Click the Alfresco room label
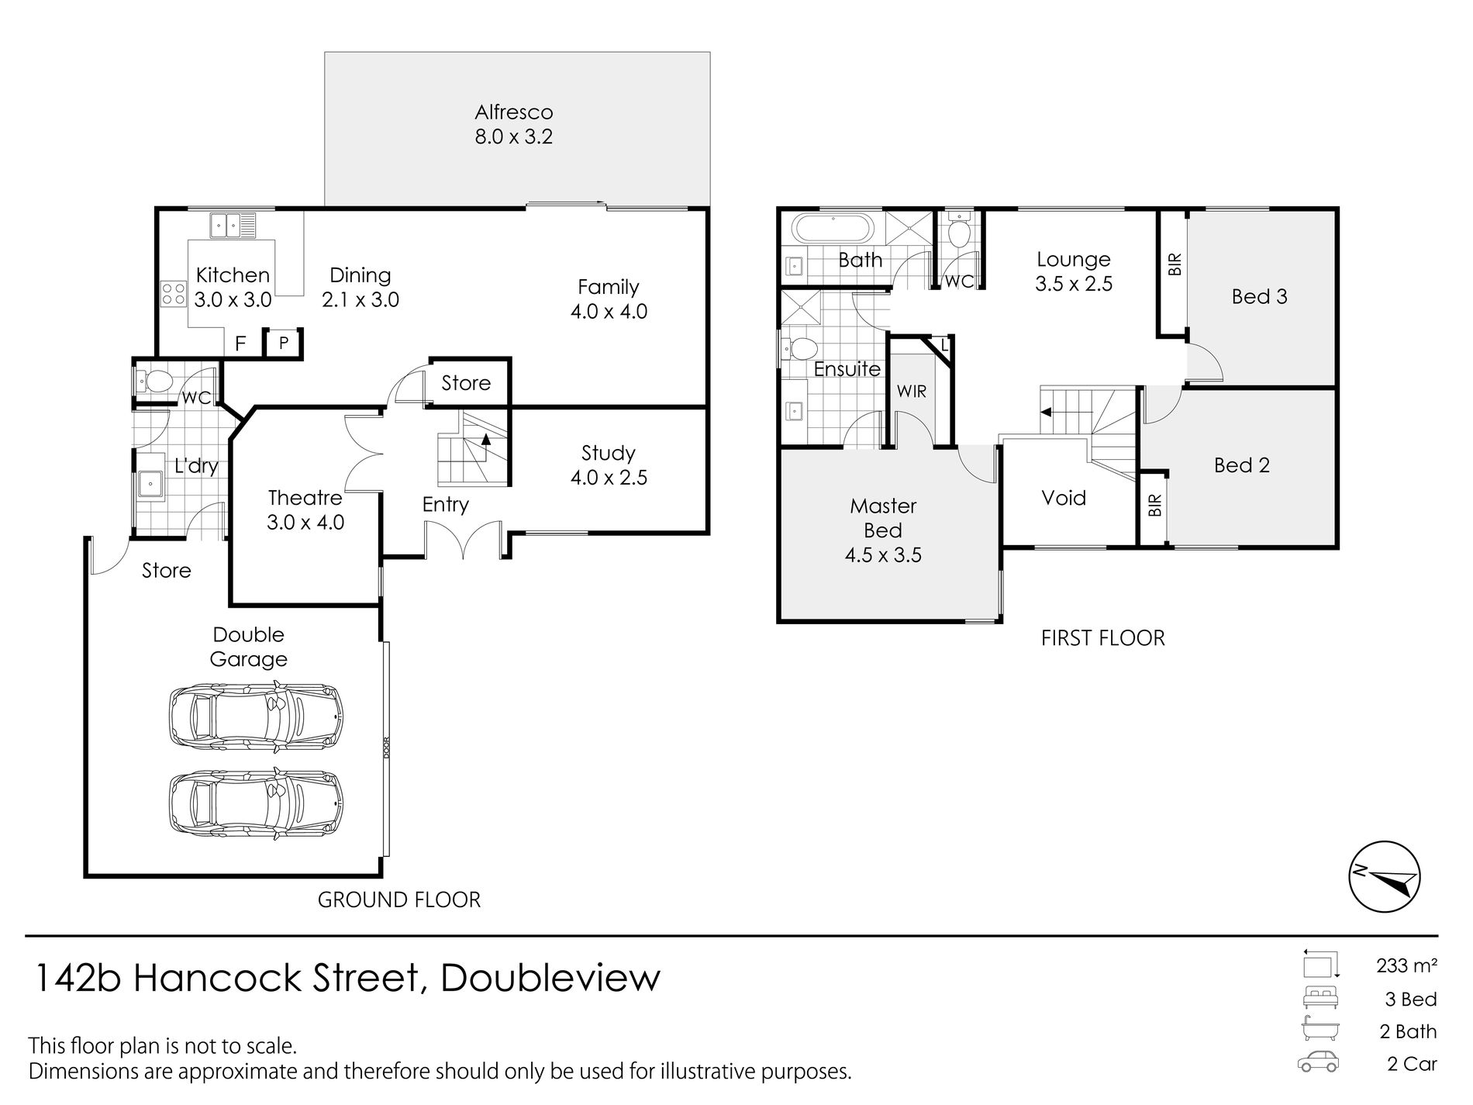pos(514,112)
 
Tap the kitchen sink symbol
pos(232,226)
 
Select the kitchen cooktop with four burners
pos(173,293)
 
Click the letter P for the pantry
pos(284,342)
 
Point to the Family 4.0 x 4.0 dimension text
pos(609,312)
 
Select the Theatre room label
pos(305,497)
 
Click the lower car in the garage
pos(257,804)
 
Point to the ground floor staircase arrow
pos(487,438)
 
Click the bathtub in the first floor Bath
pos(833,230)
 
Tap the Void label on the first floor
pos(1064,498)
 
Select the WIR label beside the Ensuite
pos(912,391)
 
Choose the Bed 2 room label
pos(1242,465)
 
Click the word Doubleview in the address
pos(550,978)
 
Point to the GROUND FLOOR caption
pos(399,900)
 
